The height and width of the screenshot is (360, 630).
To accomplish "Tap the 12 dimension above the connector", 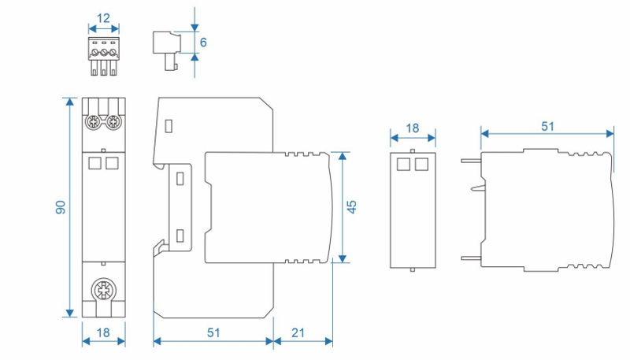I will tap(103, 17).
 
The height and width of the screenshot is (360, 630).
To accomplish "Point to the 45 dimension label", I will tap(352, 206).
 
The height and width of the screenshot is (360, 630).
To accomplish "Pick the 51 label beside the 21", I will tap(213, 333).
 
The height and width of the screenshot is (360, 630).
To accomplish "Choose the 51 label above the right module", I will tap(547, 125).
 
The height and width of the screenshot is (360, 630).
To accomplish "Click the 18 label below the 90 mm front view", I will tap(103, 333).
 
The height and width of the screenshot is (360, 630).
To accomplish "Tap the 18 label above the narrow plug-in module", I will tap(413, 128).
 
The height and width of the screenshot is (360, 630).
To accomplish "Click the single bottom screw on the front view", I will tap(103, 290).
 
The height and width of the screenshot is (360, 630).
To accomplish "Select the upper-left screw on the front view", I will tap(93, 122).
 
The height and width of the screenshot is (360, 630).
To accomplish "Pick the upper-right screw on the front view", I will tap(114, 122).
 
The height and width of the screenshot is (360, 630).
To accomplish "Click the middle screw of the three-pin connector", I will tap(103, 53).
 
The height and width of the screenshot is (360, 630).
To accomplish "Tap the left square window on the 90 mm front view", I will tap(95, 162).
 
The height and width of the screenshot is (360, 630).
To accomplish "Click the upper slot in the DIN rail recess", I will tap(180, 178).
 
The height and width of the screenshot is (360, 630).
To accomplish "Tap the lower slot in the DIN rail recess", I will tap(180, 235).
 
